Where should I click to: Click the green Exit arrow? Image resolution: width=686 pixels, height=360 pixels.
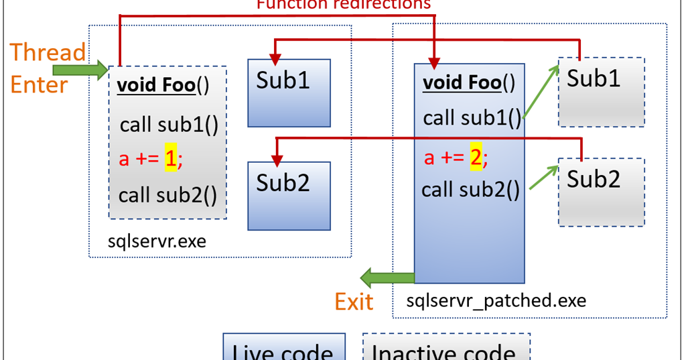(386, 276)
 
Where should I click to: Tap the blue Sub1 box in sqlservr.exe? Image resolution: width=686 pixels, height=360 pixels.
(289, 93)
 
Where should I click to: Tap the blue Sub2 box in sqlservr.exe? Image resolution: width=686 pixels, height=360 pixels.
(289, 195)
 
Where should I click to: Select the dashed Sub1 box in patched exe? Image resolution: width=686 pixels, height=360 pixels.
(601, 92)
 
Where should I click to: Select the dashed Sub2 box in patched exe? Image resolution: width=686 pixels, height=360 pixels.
(601, 192)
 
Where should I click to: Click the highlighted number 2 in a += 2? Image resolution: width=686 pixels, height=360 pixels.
(476, 158)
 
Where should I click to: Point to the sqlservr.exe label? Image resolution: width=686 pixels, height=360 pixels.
(157, 241)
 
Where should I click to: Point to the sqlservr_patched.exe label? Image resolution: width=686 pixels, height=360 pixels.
(496, 300)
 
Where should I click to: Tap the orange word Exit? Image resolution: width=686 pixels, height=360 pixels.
(354, 302)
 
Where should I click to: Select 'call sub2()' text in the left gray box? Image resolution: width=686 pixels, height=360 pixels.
(168, 195)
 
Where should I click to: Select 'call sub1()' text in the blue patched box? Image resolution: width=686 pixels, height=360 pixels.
(472, 118)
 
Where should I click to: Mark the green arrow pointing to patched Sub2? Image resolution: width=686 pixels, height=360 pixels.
(543, 176)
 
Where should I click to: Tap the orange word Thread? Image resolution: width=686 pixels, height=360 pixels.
(48, 52)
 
